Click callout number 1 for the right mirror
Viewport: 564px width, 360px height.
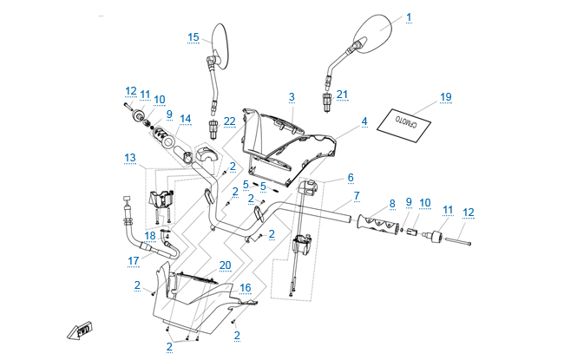coord(409,16)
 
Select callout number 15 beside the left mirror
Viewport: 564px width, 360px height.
coord(193,36)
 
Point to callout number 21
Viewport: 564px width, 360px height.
coord(341,94)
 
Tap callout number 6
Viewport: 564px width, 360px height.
coord(351,177)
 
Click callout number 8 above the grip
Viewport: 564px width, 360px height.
coord(392,204)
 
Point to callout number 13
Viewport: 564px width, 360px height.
coord(130,157)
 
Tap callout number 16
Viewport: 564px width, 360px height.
coord(246,287)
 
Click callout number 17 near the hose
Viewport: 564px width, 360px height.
coord(134,259)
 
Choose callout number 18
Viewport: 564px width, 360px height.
coord(150,235)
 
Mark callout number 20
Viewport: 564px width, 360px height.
coord(225,265)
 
